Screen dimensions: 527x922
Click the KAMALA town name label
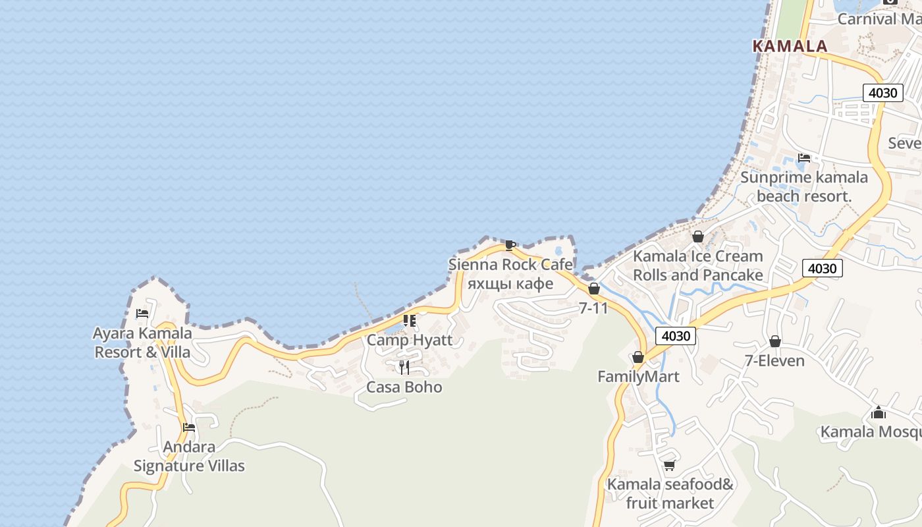(x=790, y=46)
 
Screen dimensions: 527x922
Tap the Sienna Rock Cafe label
(x=510, y=265)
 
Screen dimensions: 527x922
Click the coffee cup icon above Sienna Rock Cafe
(x=510, y=246)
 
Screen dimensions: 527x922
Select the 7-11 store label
(x=593, y=307)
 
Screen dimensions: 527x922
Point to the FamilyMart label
(x=638, y=376)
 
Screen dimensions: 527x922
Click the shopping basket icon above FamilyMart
(x=637, y=357)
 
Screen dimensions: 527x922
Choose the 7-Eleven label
(x=774, y=360)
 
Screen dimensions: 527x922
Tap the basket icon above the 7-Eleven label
(x=775, y=341)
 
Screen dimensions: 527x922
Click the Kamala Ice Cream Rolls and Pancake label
(x=698, y=265)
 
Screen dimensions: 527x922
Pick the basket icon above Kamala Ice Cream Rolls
(x=698, y=236)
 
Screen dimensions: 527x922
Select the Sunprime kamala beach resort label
(x=804, y=186)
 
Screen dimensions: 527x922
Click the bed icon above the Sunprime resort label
(x=804, y=158)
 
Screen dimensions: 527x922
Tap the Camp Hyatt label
(x=410, y=340)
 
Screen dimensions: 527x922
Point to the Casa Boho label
(x=404, y=387)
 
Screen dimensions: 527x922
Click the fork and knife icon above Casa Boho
(x=404, y=367)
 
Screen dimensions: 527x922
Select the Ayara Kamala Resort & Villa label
(x=143, y=342)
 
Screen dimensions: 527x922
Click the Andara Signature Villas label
(x=189, y=457)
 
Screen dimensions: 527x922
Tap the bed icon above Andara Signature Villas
(x=189, y=428)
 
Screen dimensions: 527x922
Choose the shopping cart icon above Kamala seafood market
(x=669, y=466)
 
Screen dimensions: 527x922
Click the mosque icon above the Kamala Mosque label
(x=878, y=413)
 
